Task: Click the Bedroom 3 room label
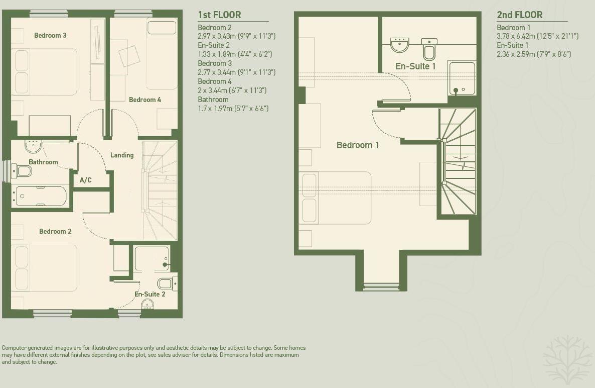pyautogui.click(x=50, y=35)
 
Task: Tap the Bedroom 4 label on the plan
pyautogui.click(x=145, y=100)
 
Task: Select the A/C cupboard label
pyautogui.click(x=86, y=180)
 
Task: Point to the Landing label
pyautogui.click(x=122, y=155)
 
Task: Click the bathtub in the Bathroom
pyautogui.click(x=41, y=196)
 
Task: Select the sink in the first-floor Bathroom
pyautogui.click(x=34, y=146)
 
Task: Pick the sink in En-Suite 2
pyautogui.click(x=147, y=304)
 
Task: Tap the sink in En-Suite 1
pyautogui.click(x=399, y=45)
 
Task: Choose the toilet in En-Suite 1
pyautogui.click(x=429, y=49)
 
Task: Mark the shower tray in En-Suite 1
pyautogui.click(x=462, y=78)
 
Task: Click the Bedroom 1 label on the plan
pyautogui.click(x=357, y=145)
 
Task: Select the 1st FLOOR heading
pyautogui.click(x=219, y=15)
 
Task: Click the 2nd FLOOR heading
pyautogui.click(x=519, y=15)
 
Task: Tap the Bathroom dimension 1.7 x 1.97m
pyautogui.click(x=233, y=108)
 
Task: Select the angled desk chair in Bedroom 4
pyautogui.click(x=129, y=55)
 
